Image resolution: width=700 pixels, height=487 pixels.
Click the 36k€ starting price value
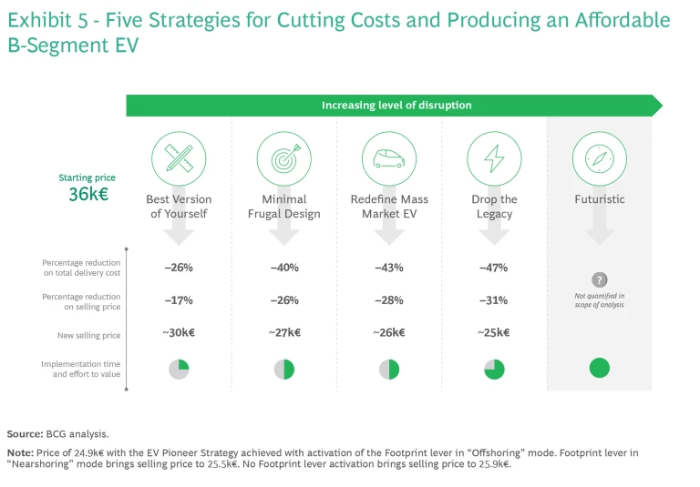click(x=88, y=194)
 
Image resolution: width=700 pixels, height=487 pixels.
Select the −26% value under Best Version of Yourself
click(x=179, y=269)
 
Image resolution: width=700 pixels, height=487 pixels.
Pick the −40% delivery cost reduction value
click(x=284, y=269)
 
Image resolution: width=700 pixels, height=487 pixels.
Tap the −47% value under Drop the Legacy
click(x=494, y=269)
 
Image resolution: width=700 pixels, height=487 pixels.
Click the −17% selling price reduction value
click(x=179, y=300)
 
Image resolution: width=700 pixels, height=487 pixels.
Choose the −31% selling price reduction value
click(x=494, y=300)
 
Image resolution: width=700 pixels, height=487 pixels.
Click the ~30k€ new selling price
click(x=179, y=333)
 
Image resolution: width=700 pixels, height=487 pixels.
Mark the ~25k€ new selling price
click(x=494, y=333)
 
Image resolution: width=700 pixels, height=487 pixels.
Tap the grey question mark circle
click(x=599, y=280)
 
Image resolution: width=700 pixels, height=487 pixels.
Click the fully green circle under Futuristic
click(x=599, y=369)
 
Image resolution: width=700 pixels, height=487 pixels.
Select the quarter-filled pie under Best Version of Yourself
click(x=179, y=369)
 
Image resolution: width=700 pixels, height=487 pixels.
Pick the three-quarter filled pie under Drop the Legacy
click(x=494, y=369)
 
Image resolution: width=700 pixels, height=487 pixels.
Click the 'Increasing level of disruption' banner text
click(x=396, y=106)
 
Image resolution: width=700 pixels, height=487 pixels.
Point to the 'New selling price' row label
click(x=88, y=336)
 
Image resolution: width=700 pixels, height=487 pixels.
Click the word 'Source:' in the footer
click(x=25, y=433)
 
